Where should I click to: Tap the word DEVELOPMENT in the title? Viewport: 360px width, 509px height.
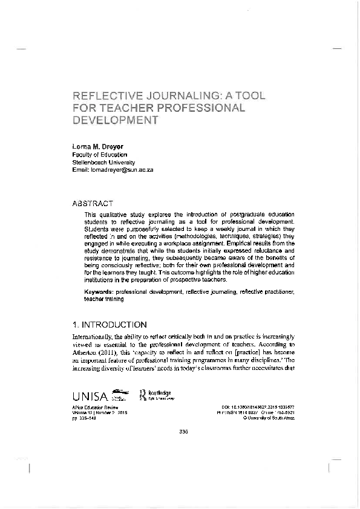tap(115, 120)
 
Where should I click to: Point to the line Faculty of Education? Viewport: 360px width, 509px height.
tap(100, 155)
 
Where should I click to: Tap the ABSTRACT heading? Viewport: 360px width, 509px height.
tap(92, 204)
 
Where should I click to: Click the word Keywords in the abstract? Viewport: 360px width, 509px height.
tap(100, 292)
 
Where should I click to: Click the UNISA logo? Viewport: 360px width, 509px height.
tap(90, 397)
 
